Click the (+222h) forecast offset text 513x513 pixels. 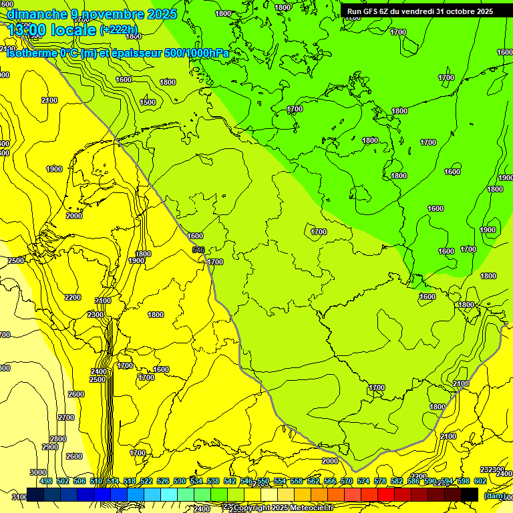click(x=118, y=30)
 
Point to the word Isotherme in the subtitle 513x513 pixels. click(x=31, y=53)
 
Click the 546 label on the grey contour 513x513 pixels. click(x=198, y=250)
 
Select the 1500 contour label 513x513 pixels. click(x=148, y=102)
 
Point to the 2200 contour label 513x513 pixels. click(x=73, y=297)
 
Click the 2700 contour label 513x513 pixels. click(x=66, y=417)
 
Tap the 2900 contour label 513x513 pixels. click(x=50, y=447)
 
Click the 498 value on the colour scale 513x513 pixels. click(x=46, y=481)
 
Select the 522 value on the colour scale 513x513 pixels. click(x=146, y=481)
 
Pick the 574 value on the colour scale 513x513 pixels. click(x=363, y=481)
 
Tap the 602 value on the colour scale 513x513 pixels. click(x=480, y=481)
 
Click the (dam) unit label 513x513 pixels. click(x=494, y=495)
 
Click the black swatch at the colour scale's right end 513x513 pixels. click(x=470, y=494)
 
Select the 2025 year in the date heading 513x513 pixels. click(x=161, y=14)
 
